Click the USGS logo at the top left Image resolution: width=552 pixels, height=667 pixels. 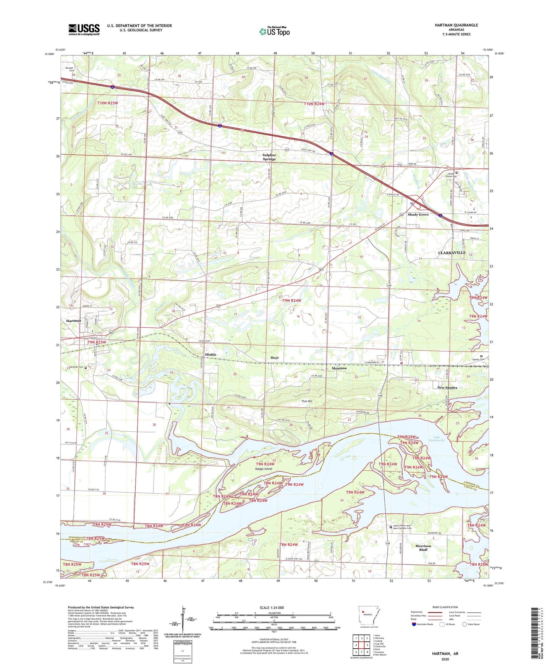pos(84,29)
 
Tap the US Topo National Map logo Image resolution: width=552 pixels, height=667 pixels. pos(274,31)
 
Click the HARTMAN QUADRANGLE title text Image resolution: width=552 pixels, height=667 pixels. pos(456,25)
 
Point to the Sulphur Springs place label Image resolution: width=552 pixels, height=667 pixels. pos(269,157)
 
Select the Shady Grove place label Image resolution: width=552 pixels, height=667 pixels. pos(418,215)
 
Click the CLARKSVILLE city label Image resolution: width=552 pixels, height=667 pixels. pos(452,253)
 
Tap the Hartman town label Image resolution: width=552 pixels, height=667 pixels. pos(74,321)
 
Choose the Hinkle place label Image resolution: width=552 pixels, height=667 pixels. pos(210,355)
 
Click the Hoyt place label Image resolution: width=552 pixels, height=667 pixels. pos(274,358)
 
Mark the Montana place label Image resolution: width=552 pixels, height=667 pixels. pos(339,368)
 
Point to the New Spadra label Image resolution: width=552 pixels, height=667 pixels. pos(447,388)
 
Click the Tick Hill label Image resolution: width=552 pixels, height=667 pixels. pos(307,401)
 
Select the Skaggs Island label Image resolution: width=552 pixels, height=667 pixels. pos(264,469)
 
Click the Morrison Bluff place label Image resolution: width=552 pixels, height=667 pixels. pos(423,548)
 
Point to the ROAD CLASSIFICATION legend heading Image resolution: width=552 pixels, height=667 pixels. pos(445,607)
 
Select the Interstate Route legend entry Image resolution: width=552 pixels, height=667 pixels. pos(424,624)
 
